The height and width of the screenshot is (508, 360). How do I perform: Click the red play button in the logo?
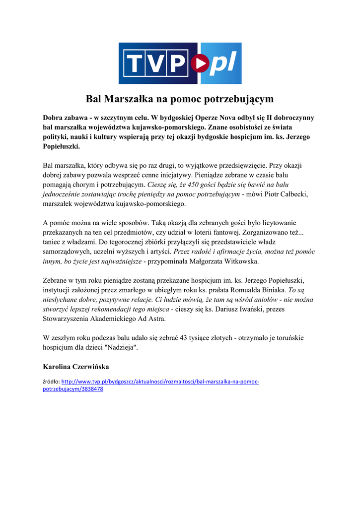coord(201,63)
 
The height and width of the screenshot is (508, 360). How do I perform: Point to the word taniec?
coord(54,242)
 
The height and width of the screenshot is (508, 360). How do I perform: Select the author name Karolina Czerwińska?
coord(76,367)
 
